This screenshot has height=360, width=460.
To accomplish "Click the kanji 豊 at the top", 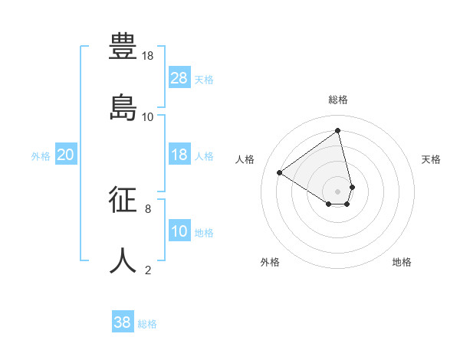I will pos(123,45).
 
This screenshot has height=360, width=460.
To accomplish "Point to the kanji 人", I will pos(123,260).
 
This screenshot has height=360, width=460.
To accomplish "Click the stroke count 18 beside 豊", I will pos(148,56).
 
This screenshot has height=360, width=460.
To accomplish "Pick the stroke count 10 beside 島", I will pos(148,117).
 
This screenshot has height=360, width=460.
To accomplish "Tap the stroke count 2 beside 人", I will pos(148,270).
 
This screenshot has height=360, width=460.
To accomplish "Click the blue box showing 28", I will pos(179,77).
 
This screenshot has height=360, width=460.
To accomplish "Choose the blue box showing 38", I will pos(123,322).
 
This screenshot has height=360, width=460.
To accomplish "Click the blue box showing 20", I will pos(65,155).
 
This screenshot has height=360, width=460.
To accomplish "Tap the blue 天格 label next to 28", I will pos(204,79).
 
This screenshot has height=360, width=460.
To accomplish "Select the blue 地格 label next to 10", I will pos(204,232).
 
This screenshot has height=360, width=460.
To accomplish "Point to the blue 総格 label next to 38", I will pos(147,324).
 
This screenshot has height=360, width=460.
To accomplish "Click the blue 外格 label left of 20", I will pos(41,156).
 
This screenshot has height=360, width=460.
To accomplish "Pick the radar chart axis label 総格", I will pos(337,100).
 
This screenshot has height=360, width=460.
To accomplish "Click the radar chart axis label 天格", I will pos(431,159).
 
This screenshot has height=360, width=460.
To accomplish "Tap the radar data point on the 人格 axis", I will pos(280,172).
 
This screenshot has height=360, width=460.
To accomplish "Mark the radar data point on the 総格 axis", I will pos(337,130).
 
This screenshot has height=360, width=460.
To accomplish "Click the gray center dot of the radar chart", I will pos(337,191).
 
